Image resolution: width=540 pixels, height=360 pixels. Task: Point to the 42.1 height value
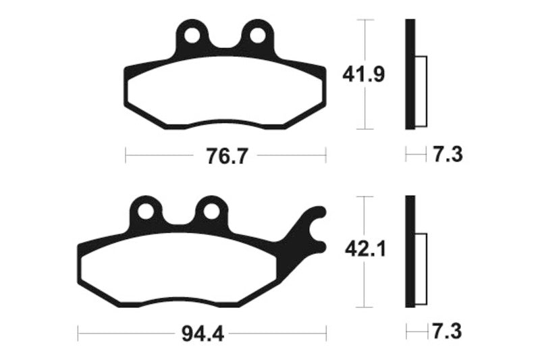pyautogui.click(x=363, y=251)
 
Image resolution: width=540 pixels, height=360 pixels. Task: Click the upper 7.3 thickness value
pyautogui.click(x=446, y=155)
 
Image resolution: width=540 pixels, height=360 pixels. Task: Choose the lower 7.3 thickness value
pyautogui.click(x=446, y=332)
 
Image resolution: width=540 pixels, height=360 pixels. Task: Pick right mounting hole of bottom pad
pyautogui.click(x=211, y=211)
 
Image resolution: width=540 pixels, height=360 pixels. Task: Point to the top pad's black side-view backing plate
pyautogui.click(x=409, y=74)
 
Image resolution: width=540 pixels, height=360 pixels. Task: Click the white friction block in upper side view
pyautogui.click(x=420, y=89)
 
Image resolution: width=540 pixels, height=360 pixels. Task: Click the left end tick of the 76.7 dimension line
pyautogui.click(x=126, y=156)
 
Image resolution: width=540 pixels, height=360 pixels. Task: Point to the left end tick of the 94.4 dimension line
pyautogui.click(x=78, y=332)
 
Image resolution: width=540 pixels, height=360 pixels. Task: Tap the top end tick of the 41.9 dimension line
pyautogui.click(x=364, y=20)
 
